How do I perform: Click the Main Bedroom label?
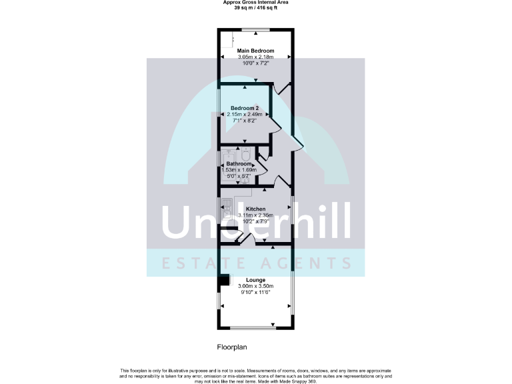tap(255, 51)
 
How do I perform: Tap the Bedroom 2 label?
tap(245, 108)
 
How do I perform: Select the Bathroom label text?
tap(239, 164)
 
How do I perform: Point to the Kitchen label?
tap(256, 209)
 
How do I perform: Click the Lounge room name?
tap(256, 280)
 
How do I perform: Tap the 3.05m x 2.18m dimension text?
tap(256, 57)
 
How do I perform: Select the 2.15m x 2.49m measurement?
tap(245, 115)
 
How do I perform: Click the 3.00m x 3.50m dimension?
tap(256, 287)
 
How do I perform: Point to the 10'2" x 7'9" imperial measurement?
tap(256, 221)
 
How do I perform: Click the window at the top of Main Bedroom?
tap(255, 30)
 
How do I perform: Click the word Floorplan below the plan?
tap(232, 347)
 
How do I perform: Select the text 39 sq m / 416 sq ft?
tap(255, 7)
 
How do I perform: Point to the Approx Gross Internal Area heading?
tap(255, 2)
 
